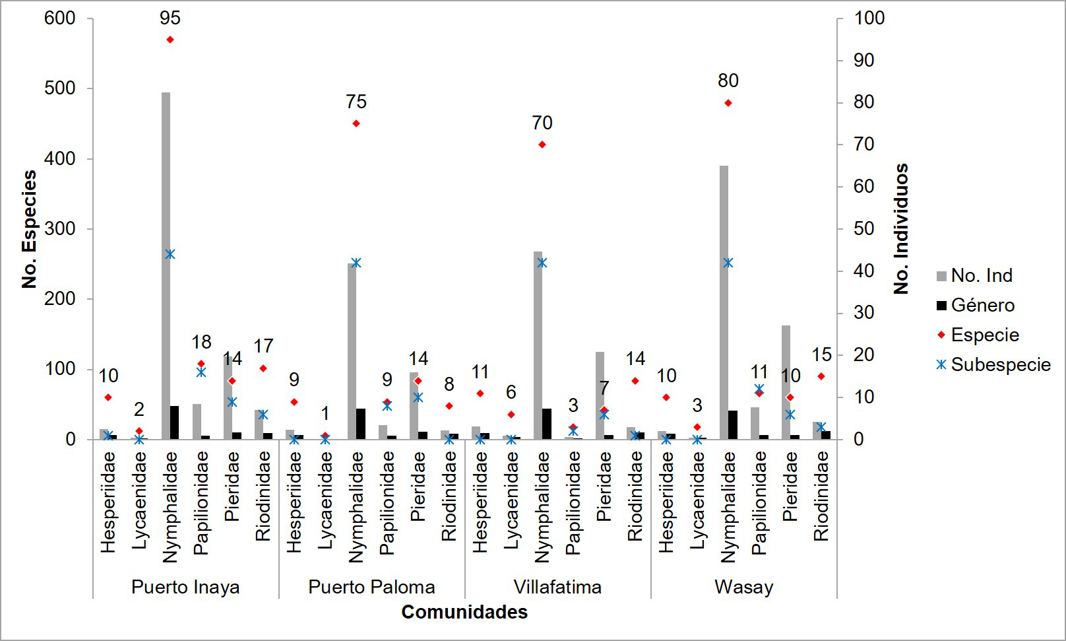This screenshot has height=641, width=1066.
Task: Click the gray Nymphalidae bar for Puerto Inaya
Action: click(x=166, y=264)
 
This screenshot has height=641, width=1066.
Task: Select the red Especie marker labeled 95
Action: click(x=170, y=40)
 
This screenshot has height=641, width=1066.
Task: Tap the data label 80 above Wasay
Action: click(x=728, y=81)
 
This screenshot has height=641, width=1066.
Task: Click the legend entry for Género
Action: click(x=982, y=305)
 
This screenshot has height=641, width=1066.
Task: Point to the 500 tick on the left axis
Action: click(x=59, y=88)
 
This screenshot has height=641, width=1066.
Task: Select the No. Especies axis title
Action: click(x=29, y=229)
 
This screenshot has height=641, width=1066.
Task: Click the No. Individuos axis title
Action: click(x=901, y=228)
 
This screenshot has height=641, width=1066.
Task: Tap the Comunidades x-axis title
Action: click(x=464, y=612)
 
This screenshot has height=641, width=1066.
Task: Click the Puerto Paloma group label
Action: click(x=371, y=587)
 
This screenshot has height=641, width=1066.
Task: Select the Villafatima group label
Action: click(x=557, y=587)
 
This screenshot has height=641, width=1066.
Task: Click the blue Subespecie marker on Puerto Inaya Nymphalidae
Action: click(x=170, y=254)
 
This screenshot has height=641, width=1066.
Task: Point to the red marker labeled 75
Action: click(x=356, y=123)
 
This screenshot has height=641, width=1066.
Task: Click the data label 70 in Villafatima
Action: click(x=542, y=123)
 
